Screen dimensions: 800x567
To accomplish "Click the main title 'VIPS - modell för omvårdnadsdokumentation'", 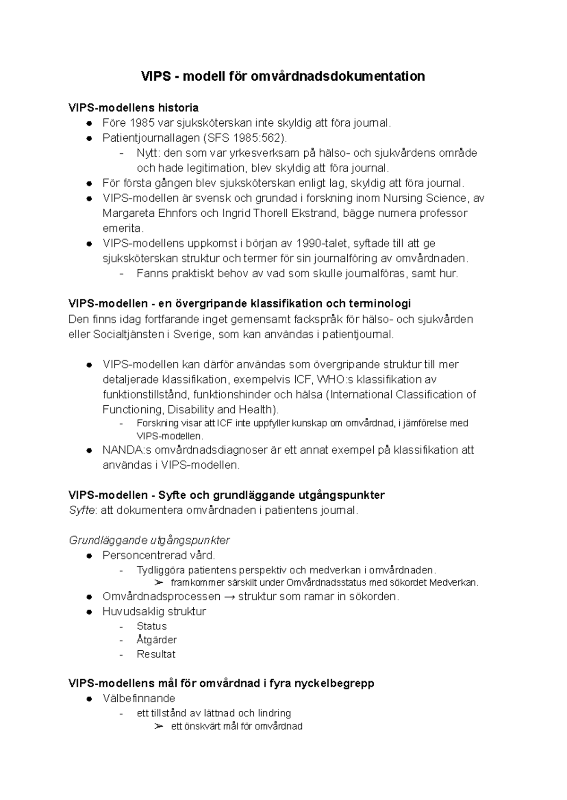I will [283, 76].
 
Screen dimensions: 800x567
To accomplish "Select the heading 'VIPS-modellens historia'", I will [133, 108].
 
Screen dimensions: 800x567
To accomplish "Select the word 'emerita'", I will [121, 228].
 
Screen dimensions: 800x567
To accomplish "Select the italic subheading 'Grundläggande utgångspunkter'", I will [149, 540].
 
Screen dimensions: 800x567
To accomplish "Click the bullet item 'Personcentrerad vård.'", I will [159, 555].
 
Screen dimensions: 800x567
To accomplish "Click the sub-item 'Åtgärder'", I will [156, 640].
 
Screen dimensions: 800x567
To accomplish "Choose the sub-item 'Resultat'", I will [156, 654].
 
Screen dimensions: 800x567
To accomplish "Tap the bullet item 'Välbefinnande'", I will [139, 698].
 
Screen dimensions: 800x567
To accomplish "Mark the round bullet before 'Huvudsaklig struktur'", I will [89, 612].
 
